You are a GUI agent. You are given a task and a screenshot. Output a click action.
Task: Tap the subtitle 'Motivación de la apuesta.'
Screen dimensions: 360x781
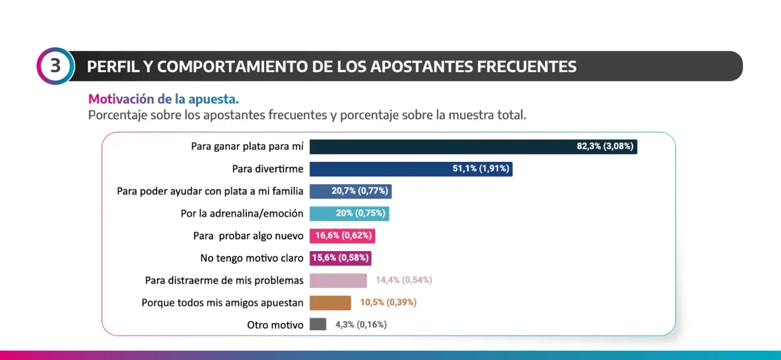(164, 99)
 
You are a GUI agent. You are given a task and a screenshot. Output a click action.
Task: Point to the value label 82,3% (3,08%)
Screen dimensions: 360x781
(605, 147)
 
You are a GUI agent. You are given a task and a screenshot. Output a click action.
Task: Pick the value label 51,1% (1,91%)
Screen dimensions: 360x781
(481, 169)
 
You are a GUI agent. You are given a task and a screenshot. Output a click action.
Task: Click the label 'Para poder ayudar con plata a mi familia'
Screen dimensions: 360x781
(210, 191)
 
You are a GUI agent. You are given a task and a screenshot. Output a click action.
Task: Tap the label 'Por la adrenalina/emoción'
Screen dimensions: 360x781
(242, 213)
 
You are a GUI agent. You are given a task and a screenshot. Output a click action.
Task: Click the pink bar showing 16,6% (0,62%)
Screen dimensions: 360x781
(343, 236)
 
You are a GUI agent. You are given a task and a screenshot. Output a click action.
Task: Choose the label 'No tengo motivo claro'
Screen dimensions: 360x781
(252, 258)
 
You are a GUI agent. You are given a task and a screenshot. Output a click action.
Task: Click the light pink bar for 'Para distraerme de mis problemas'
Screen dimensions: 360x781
(338, 280)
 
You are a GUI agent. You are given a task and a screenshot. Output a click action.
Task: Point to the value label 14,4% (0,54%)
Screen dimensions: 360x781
(403, 280)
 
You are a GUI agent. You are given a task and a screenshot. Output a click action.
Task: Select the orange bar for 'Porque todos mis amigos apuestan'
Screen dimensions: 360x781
(330, 303)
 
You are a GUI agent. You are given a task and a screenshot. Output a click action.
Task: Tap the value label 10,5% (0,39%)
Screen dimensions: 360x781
(388, 303)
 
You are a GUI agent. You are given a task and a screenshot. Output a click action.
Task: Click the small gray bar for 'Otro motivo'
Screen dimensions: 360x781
(318, 324)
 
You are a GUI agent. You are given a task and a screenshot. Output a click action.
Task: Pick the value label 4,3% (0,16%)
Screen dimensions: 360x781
(360, 324)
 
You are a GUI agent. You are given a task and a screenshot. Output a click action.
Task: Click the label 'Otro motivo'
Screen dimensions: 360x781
(275, 325)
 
